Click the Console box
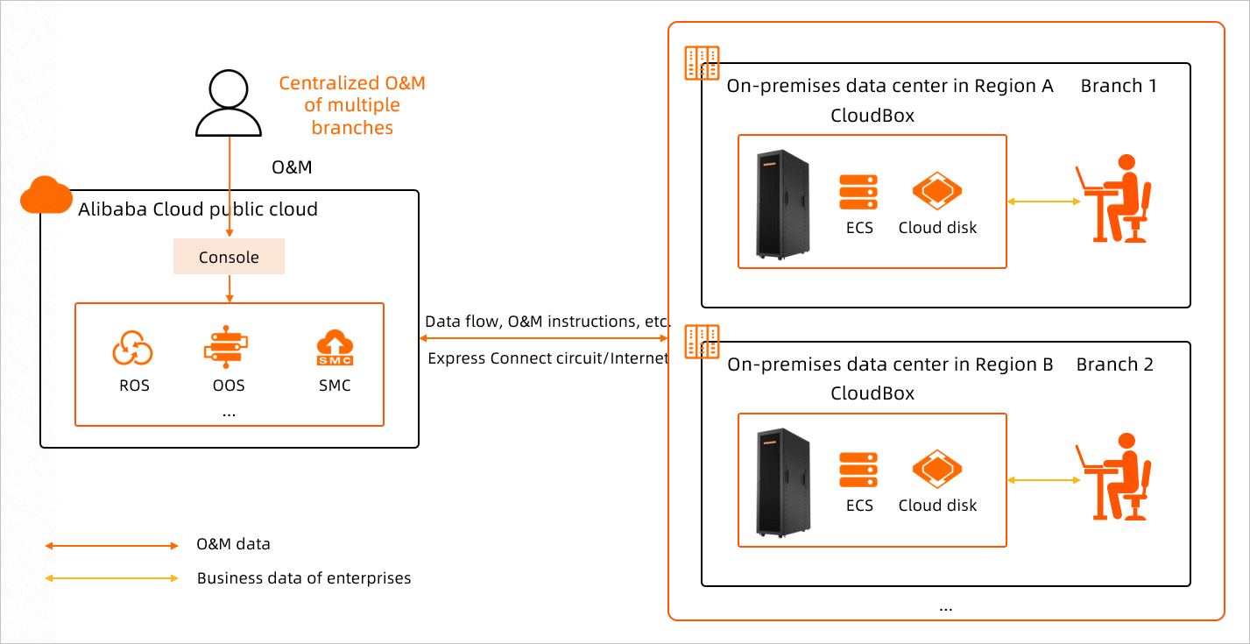229,258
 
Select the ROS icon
133,349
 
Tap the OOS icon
227,346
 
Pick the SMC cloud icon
335,348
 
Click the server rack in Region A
783,204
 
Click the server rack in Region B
783,483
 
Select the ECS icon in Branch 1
858,192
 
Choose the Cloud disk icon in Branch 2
937,470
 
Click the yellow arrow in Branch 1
1043,202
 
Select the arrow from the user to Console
230,188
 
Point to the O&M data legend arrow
111,546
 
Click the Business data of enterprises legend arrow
111,578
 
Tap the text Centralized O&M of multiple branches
352,105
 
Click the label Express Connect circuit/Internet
548,358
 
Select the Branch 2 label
1114,365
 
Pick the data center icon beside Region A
702,62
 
